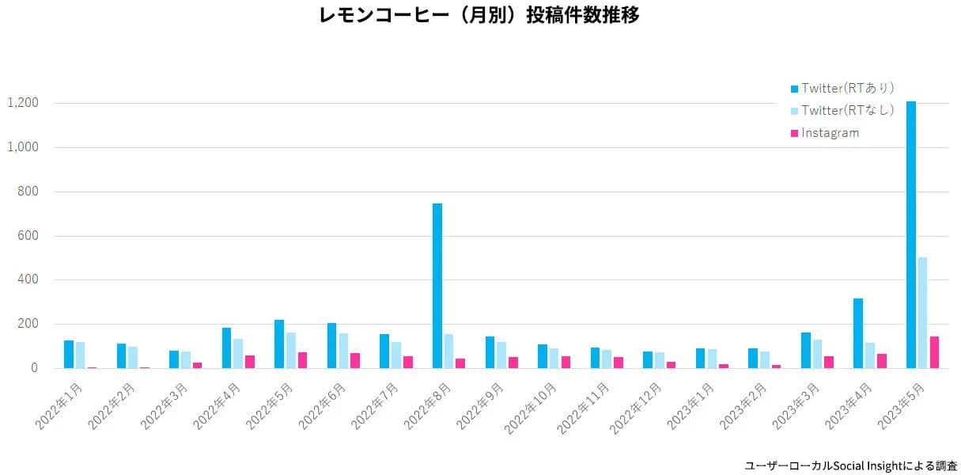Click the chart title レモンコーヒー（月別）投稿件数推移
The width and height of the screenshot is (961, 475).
click(x=479, y=15)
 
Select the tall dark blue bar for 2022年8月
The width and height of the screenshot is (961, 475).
click(x=437, y=285)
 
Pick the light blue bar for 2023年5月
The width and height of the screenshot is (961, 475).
click(x=922, y=312)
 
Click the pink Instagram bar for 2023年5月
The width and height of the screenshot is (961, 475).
click(x=934, y=352)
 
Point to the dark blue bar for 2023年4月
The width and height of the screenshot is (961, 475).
click(x=858, y=332)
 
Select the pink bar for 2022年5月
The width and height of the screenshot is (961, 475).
click(x=302, y=360)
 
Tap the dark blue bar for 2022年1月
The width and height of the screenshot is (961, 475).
click(x=69, y=354)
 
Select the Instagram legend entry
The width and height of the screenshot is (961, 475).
click(x=830, y=133)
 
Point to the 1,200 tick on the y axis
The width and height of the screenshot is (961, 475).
click(x=23, y=103)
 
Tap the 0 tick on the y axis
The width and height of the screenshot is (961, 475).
click(x=35, y=368)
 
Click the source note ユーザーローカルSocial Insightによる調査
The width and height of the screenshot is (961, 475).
click(x=851, y=466)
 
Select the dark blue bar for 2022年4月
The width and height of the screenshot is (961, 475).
click(x=226, y=348)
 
